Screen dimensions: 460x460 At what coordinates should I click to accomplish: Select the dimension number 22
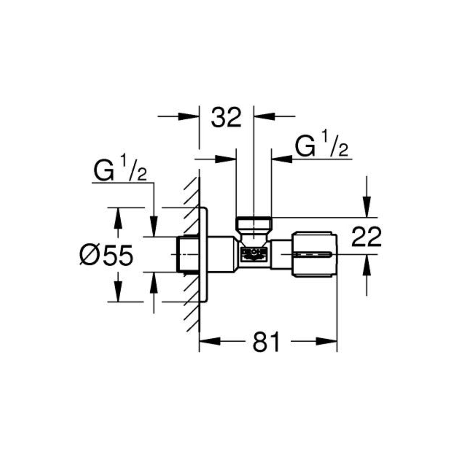pos(366,237)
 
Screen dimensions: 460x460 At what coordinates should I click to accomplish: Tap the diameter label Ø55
pos(106,255)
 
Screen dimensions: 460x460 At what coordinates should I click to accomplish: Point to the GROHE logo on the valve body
pos(254,254)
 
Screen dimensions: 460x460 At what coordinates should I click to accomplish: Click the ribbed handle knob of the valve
pos(315,254)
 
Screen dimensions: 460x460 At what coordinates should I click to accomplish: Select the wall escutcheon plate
pos(204,254)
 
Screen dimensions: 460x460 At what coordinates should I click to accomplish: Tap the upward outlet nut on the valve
pos(254,226)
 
